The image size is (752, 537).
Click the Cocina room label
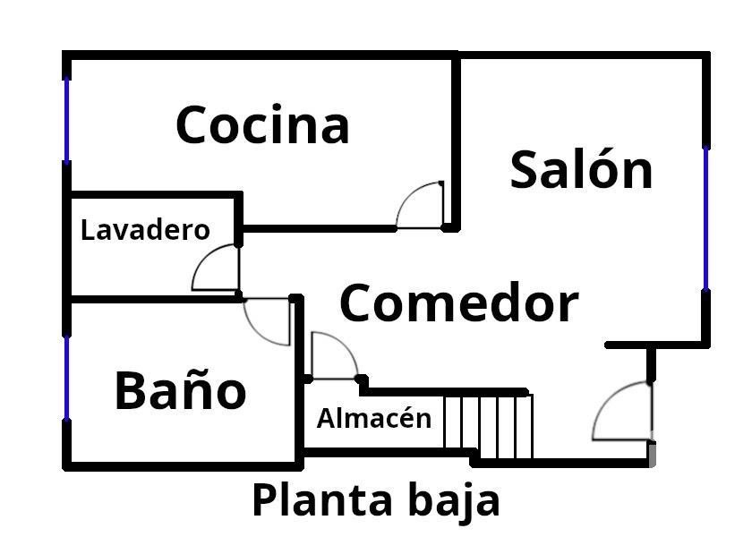[x=261, y=124]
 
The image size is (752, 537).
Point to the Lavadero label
[x=145, y=230]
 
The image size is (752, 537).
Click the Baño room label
[x=180, y=390]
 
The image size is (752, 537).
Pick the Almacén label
[x=373, y=418]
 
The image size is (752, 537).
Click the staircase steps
[x=489, y=424]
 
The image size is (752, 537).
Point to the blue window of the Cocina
[x=66, y=120]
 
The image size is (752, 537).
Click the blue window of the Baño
[x=66, y=377]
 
